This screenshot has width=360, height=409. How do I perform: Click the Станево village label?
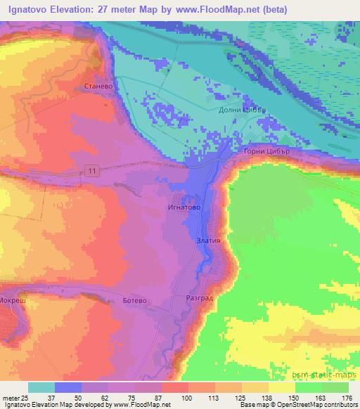click(x=98, y=88)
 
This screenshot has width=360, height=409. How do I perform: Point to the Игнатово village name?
click(x=184, y=208)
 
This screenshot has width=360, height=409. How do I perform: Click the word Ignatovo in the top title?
click(x=27, y=9)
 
